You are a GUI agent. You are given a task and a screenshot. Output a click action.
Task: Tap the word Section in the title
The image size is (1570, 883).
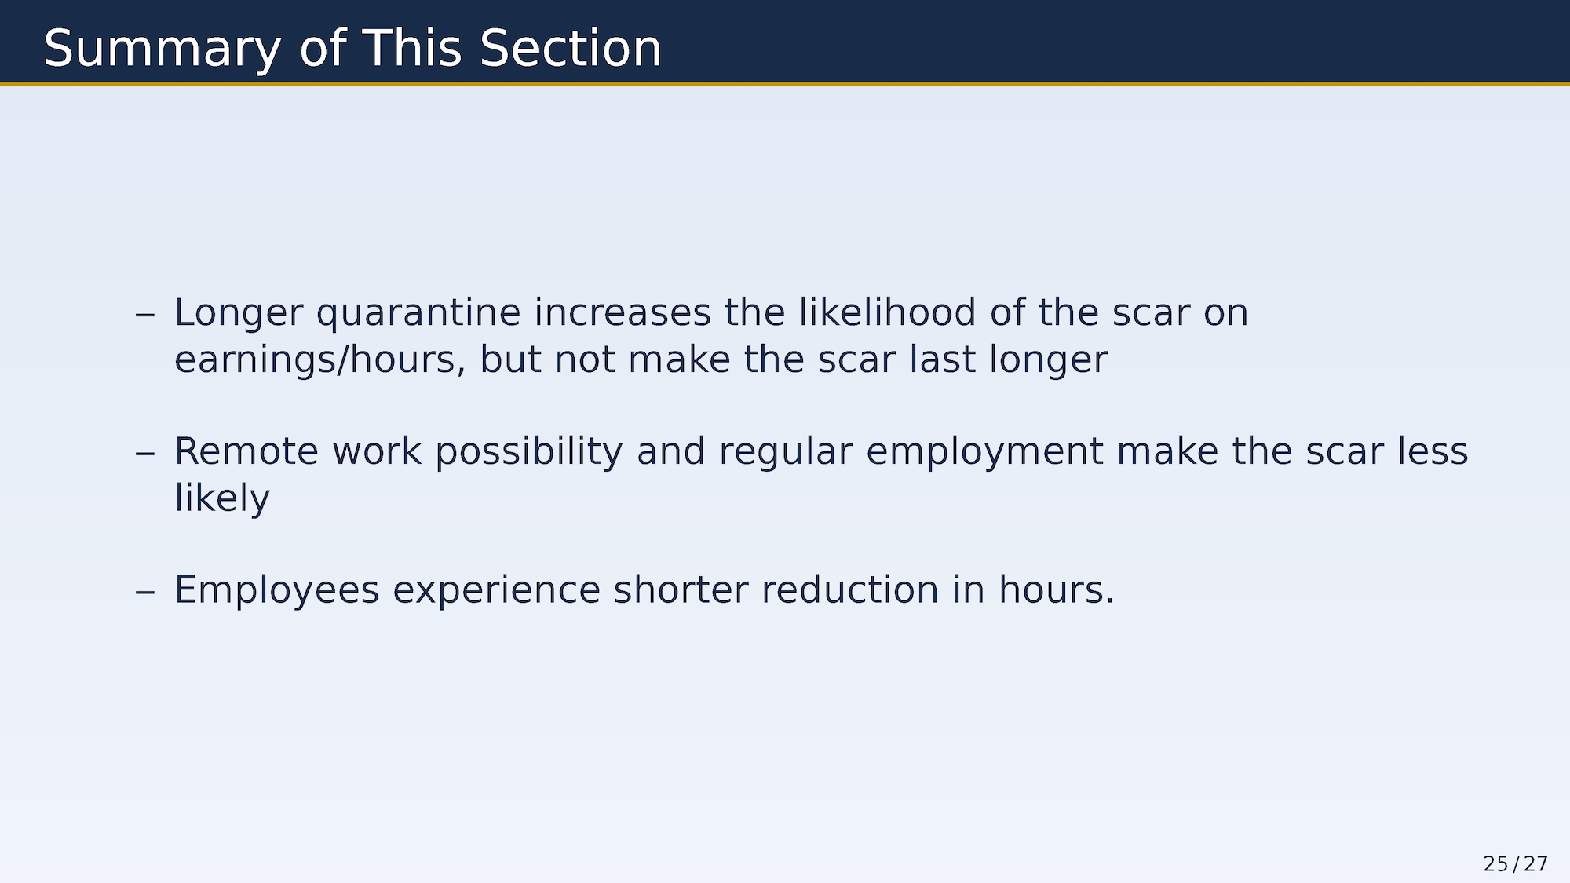[571, 48]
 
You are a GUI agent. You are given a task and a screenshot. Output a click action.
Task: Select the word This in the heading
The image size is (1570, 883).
[412, 48]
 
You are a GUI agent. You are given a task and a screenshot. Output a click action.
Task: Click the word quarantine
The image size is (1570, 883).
[418, 314]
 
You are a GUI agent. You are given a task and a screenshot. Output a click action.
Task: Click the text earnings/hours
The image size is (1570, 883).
[319, 360]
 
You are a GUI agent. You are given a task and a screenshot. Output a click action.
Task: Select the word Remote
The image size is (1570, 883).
[246, 451]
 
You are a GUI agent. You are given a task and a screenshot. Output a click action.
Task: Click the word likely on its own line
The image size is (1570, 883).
[222, 498]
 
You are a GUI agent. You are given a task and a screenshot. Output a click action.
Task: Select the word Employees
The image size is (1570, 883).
[277, 591]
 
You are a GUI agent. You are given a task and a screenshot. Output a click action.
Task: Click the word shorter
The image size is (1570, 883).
[681, 589]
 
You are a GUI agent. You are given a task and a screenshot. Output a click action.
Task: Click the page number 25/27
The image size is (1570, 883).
[1516, 863]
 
